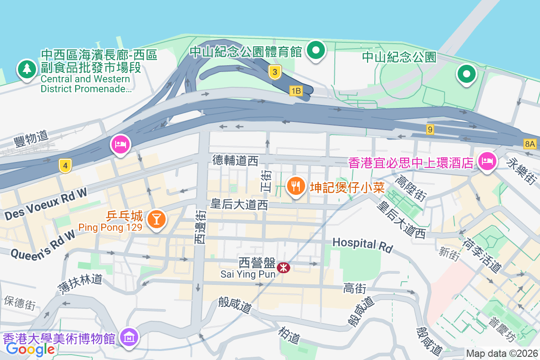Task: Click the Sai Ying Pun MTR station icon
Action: pyautogui.click(x=283, y=268)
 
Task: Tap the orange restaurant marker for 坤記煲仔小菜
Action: pyautogui.click(x=295, y=185)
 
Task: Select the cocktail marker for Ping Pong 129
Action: pyautogui.click(x=156, y=219)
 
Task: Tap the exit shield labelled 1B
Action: pyautogui.click(x=296, y=91)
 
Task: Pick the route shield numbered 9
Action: pyautogui.click(x=431, y=130)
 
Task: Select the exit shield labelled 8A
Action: pyautogui.click(x=530, y=144)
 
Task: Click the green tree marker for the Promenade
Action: pyautogui.click(x=27, y=70)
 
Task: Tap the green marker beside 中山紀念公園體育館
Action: pyautogui.click(x=316, y=50)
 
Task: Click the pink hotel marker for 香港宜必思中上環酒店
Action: pyautogui.click(x=487, y=160)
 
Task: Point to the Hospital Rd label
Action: pyautogui.click(x=362, y=244)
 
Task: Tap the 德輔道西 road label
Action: pyautogui.click(x=235, y=160)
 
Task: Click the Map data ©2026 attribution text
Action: pyautogui.click(x=501, y=353)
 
